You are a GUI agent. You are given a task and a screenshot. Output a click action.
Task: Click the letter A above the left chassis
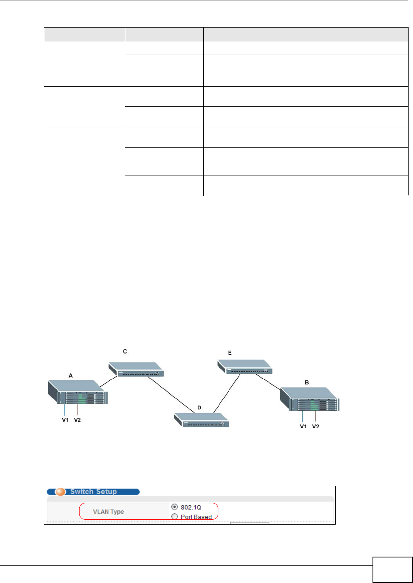click(x=70, y=376)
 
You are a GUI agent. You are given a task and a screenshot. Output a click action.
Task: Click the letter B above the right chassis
click(x=307, y=382)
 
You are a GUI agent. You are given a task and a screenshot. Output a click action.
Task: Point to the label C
click(x=125, y=352)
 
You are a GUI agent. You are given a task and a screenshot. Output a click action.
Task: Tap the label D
click(x=199, y=407)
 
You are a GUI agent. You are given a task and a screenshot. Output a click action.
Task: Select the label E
click(x=230, y=353)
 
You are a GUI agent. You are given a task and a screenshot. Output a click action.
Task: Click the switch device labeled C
click(x=136, y=369)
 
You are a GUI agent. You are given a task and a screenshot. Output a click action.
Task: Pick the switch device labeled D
click(x=202, y=420)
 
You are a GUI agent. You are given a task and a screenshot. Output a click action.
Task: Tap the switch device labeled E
click(x=245, y=367)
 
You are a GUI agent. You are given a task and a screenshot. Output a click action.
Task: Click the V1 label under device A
click(x=65, y=420)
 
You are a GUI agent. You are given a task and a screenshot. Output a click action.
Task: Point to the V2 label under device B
click(x=316, y=426)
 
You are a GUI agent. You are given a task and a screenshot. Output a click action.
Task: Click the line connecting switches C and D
click(x=172, y=394)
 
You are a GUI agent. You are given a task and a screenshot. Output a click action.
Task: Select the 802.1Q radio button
click(x=175, y=507)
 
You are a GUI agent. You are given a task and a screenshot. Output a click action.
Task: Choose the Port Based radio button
click(x=175, y=517)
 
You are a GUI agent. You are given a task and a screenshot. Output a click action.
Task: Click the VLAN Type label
click(x=109, y=512)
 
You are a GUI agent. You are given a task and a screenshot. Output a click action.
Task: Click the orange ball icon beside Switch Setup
click(x=60, y=492)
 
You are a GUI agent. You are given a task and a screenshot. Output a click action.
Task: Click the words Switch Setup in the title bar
click(x=94, y=492)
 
